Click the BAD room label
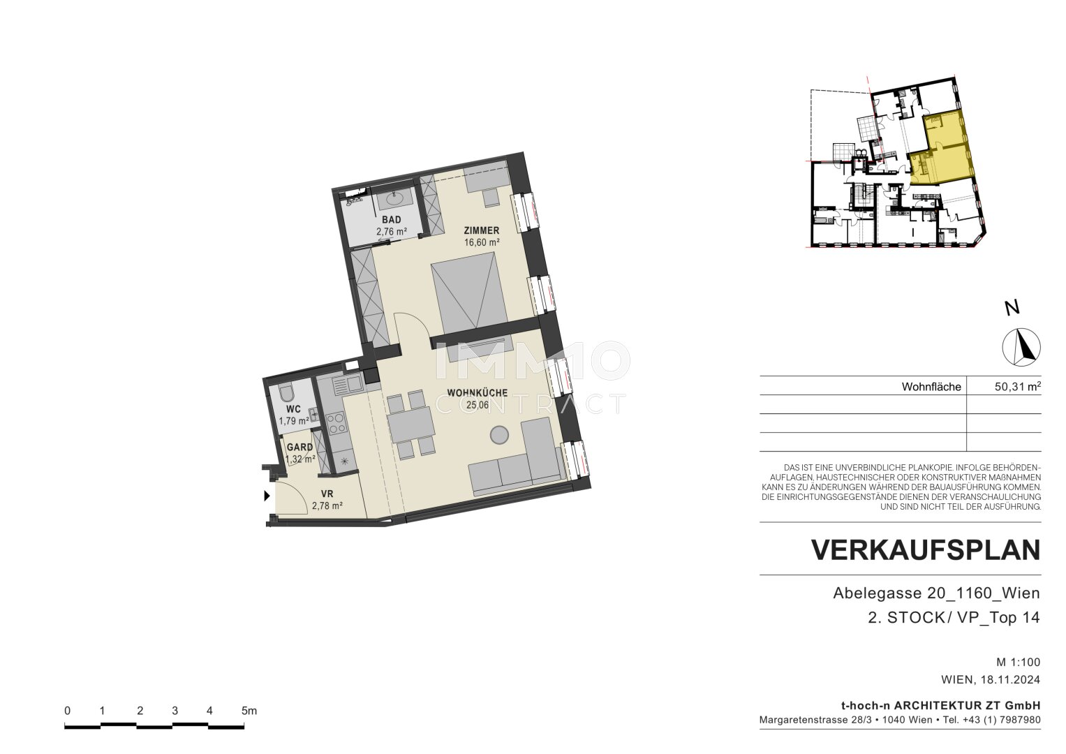coord(391,220)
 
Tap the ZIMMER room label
coord(482,230)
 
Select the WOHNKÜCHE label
coord(477,393)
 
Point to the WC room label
coord(294,409)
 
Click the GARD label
coord(299,448)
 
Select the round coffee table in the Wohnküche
coord(499,434)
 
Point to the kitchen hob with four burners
coord(336,424)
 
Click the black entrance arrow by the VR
coord(267,496)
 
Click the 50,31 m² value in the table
coord(1017,387)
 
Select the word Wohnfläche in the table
coord(931,387)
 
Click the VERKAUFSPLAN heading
coord(926,550)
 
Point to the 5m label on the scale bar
coord(249,711)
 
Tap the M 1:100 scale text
coord(1019,662)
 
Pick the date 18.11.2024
coord(1010,680)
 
